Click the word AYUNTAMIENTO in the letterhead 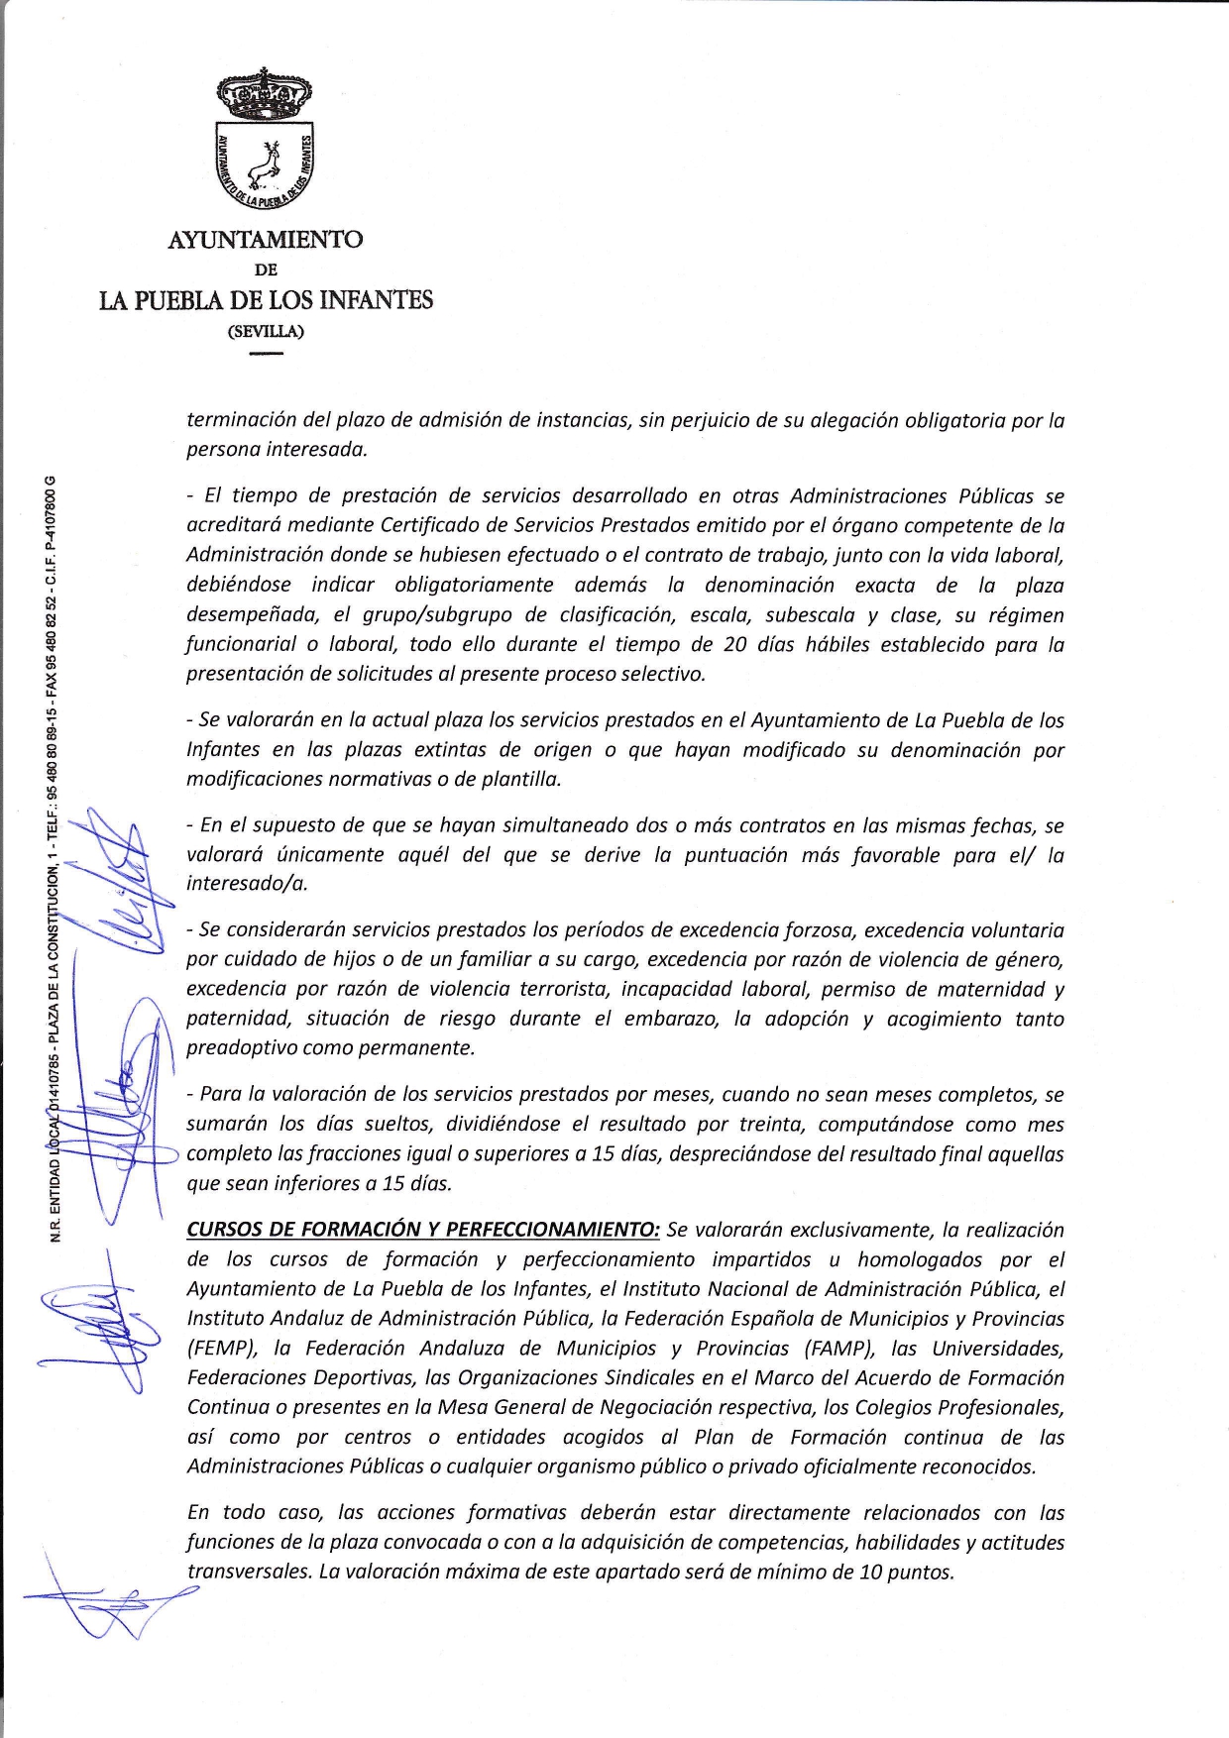pos(265,240)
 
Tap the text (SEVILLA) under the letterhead pos(266,331)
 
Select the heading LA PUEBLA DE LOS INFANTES pos(266,300)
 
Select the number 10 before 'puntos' pos(871,1573)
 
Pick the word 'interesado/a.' pos(247,884)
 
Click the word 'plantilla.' pos(520,779)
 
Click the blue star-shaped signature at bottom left pos(109,1605)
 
